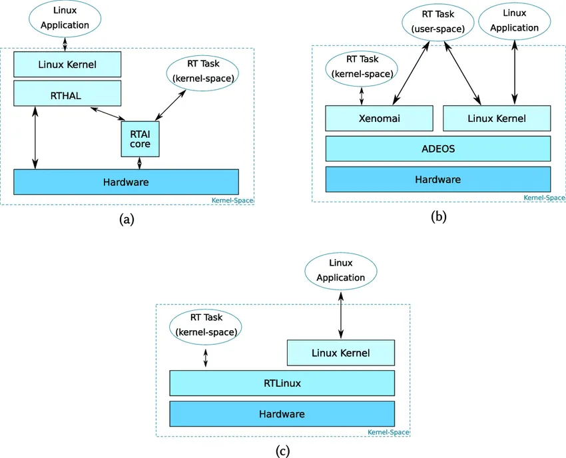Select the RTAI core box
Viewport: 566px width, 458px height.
(x=140, y=138)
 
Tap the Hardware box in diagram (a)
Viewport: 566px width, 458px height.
(x=126, y=182)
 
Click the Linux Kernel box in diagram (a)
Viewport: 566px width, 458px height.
(x=67, y=65)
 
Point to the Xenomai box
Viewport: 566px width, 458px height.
(x=378, y=118)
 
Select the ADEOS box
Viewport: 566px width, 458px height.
(x=437, y=148)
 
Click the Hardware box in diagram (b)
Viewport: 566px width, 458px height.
(x=437, y=179)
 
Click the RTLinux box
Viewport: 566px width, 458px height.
(x=282, y=383)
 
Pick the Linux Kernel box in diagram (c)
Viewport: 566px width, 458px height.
(x=340, y=352)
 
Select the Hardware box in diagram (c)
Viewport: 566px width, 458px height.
(x=282, y=413)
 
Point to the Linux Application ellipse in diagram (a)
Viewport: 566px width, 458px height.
(x=65, y=18)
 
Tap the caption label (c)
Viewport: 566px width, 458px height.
(x=282, y=451)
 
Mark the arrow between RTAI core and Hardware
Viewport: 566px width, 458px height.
(x=139, y=163)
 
